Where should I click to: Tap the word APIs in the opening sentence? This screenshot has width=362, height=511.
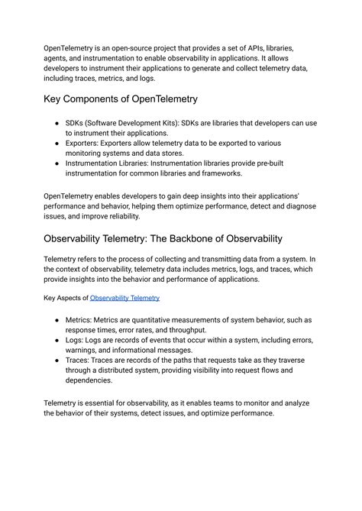coord(272,47)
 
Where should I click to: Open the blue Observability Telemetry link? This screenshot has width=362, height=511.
coord(124,298)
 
